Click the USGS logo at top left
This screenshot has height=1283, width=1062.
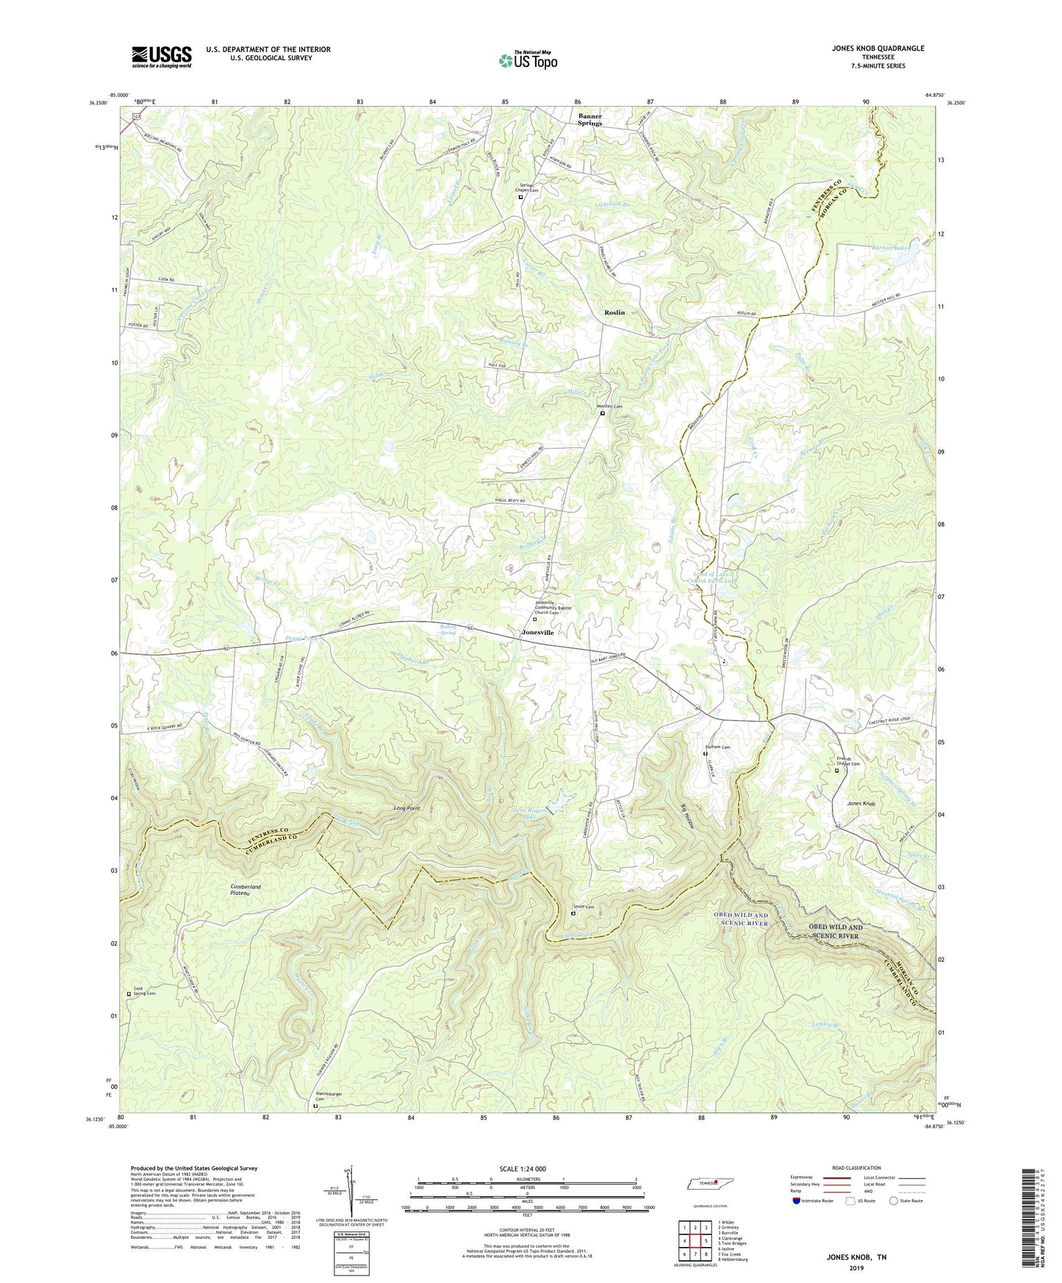tap(162, 57)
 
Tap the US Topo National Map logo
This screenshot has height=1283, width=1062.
tap(528, 60)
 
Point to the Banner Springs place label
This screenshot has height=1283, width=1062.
tap(589, 119)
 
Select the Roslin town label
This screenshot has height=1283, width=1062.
tap(614, 312)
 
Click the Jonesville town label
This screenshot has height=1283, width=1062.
tap(537, 632)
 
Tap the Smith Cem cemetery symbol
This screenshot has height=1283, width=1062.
tap(573, 914)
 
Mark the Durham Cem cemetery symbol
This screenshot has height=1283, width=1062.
tap(706, 753)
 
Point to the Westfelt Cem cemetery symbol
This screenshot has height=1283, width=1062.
tap(603, 413)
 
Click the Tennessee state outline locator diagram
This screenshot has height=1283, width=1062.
tap(710, 1184)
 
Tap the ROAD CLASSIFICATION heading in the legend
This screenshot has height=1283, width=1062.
tap(856, 1168)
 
